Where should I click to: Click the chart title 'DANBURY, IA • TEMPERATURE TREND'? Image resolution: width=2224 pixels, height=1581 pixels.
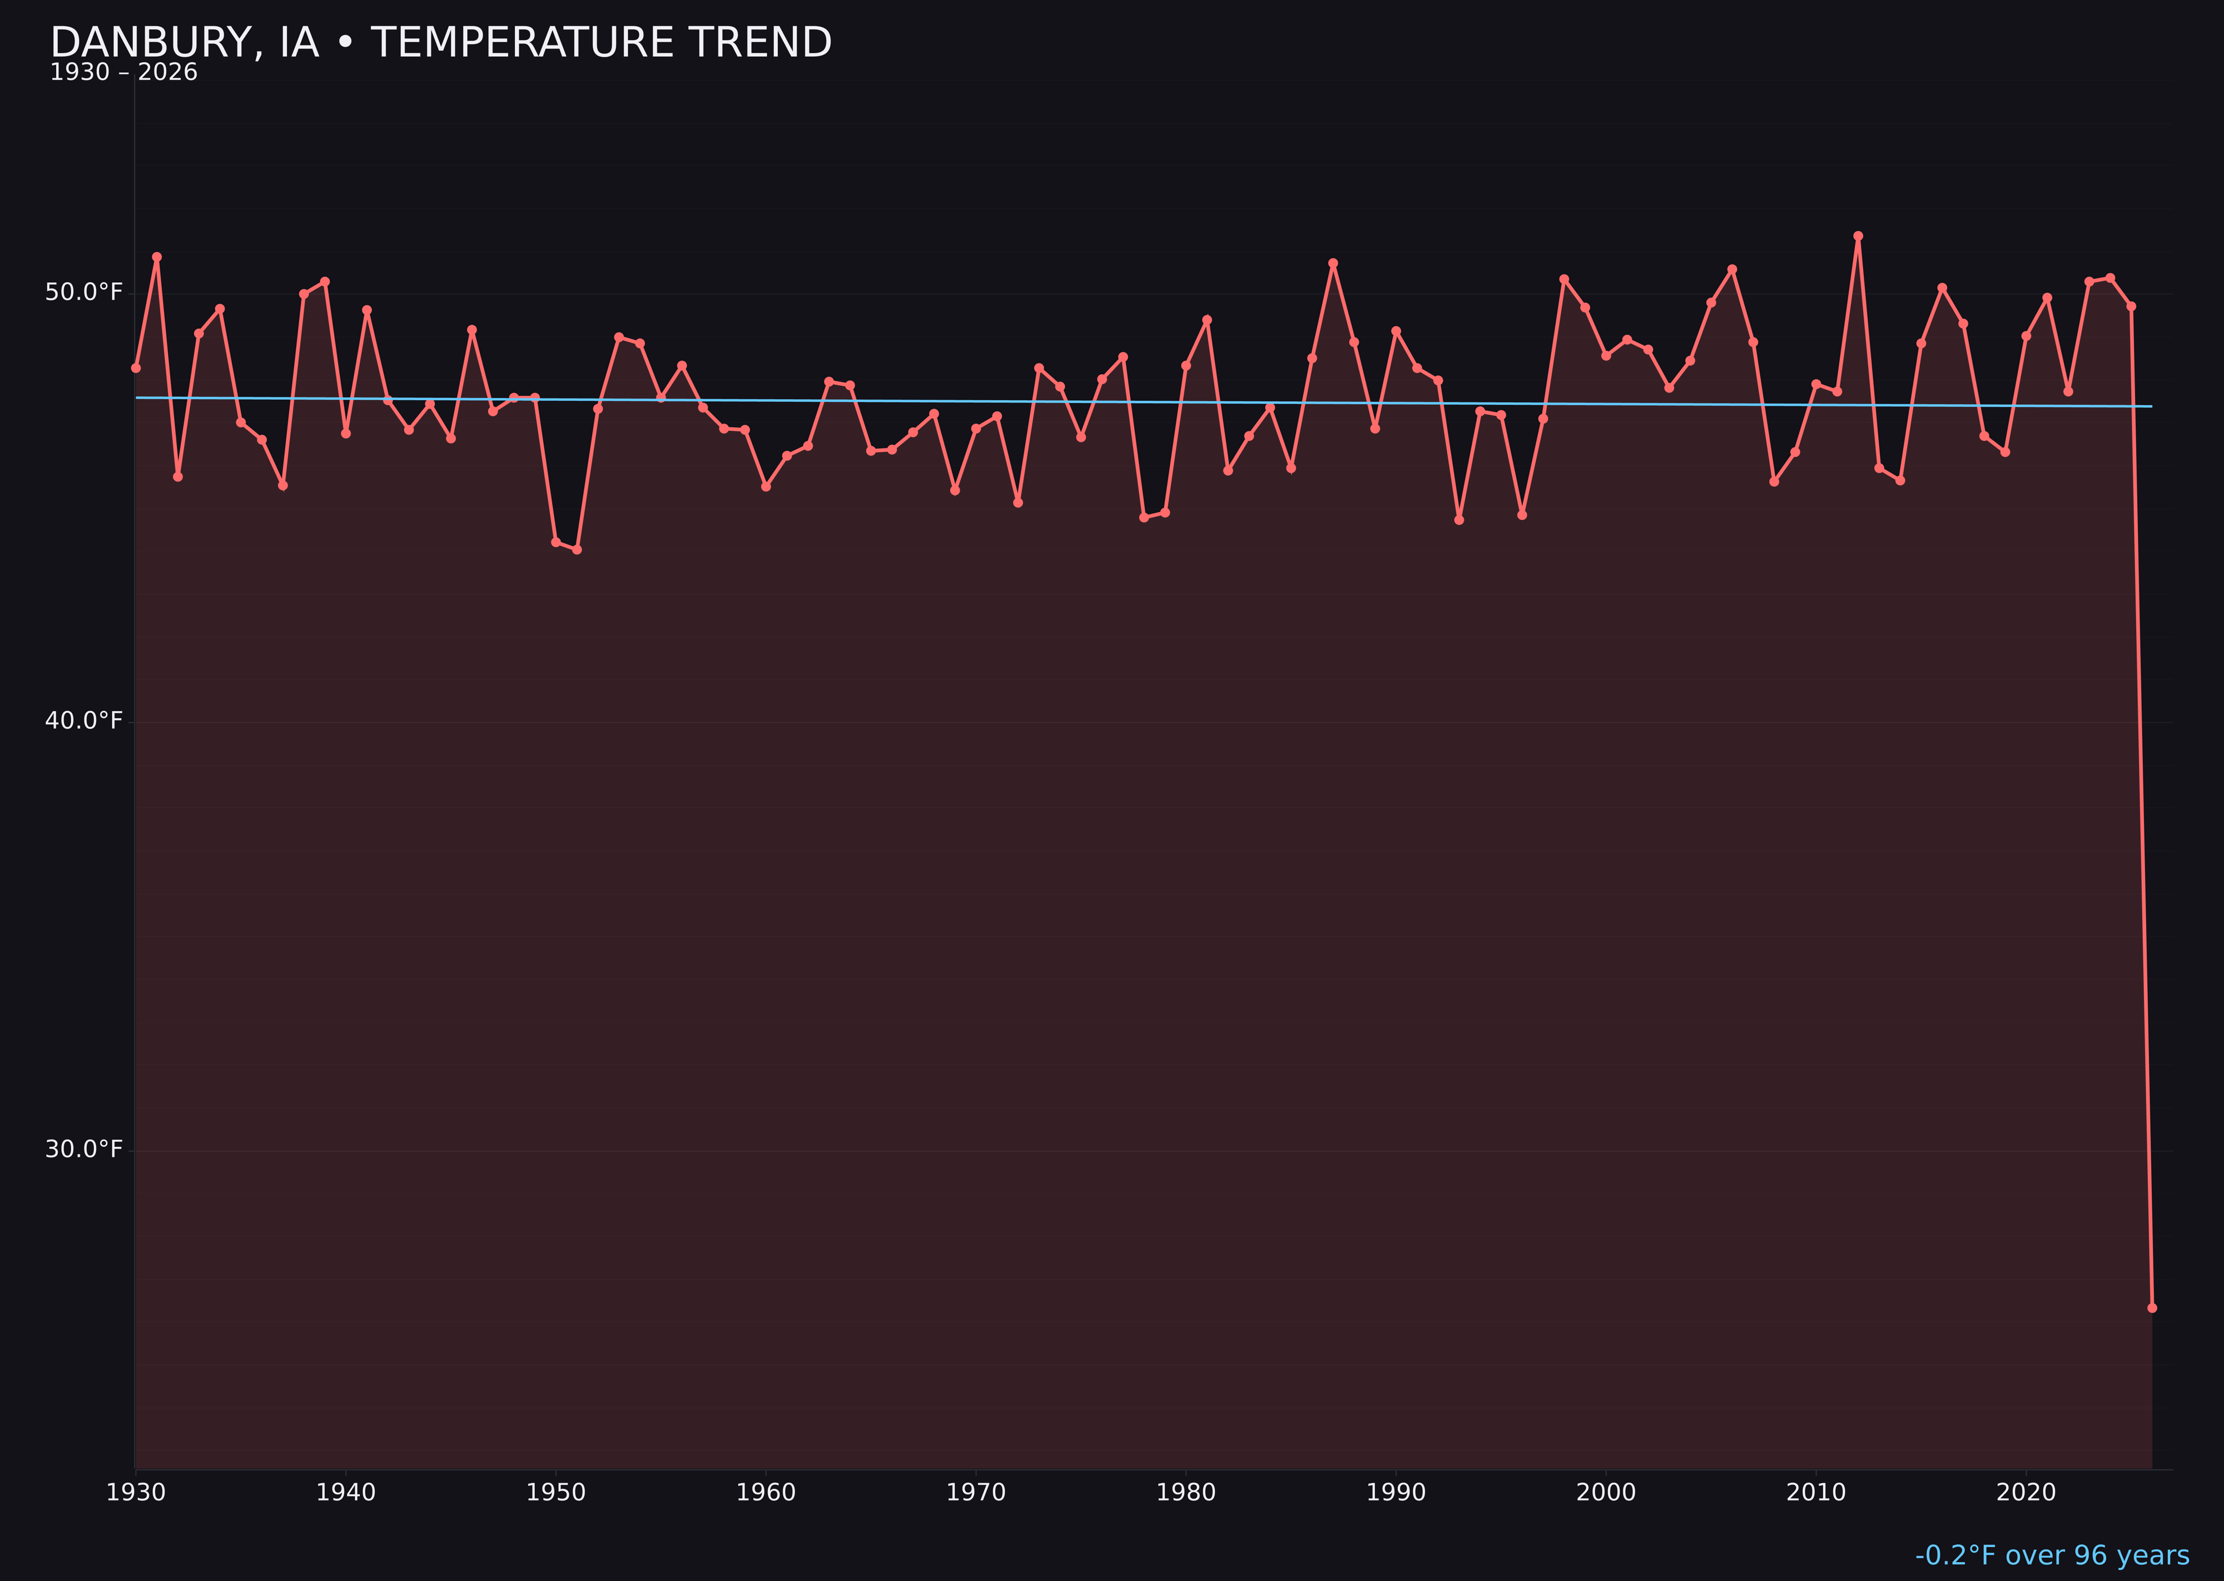[440, 43]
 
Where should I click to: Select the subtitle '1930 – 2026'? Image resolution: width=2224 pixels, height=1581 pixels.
[123, 73]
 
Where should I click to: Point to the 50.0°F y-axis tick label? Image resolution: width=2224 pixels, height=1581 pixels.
[84, 292]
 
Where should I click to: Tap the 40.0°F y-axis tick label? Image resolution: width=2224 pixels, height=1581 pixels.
[84, 720]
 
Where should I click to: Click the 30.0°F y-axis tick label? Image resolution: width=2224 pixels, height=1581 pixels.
[84, 1149]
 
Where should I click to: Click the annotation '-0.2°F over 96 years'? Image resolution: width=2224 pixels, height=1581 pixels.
[2052, 1555]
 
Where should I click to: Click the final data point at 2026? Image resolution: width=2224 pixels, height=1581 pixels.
[2152, 1307]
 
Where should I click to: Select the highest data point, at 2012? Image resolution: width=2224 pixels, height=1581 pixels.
[1858, 236]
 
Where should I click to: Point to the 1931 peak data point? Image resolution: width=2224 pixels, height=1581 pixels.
[157, 257]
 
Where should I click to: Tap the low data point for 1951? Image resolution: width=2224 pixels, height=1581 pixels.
[577, 550]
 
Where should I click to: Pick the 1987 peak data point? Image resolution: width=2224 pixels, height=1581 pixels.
[1333, 263]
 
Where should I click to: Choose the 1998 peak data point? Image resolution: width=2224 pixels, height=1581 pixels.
[1564, 280]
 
